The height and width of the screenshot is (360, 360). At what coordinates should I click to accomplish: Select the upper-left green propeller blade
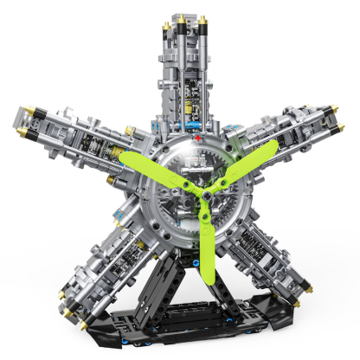pyautogui.click(x=157, y=170)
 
